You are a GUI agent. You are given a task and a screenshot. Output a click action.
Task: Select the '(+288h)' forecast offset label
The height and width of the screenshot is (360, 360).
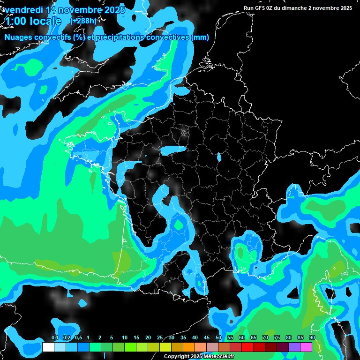[x=84, y=21]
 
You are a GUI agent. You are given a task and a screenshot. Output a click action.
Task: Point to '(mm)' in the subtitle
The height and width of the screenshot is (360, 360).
[x=200, y=37]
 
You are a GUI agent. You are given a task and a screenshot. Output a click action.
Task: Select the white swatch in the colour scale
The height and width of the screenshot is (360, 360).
[x=48, y=347]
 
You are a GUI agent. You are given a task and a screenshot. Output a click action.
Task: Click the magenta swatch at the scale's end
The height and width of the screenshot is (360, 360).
[x=306, y=347]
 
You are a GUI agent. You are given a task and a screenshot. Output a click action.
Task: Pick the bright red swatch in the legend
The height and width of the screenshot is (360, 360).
[x=247, y=347]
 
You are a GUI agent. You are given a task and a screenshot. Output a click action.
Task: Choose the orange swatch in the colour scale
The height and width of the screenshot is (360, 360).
[x=189, y=347]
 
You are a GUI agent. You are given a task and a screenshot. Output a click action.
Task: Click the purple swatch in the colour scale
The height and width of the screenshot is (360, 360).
[x=294, y=347]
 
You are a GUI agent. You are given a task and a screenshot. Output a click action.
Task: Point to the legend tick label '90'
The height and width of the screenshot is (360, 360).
[x=312, y=338]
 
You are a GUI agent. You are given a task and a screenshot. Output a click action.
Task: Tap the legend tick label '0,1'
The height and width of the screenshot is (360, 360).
[x=54, y=338]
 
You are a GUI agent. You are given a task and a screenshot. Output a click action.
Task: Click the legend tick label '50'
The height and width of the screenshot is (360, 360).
[x=218, y=338]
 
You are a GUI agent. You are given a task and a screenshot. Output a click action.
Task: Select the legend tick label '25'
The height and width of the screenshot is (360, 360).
[x=160, y=338]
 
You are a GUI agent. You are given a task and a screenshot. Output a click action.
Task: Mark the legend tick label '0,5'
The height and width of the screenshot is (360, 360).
[x=78, y=338]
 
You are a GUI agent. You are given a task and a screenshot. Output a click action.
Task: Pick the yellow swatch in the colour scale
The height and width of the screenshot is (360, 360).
[x=165, y=347]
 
